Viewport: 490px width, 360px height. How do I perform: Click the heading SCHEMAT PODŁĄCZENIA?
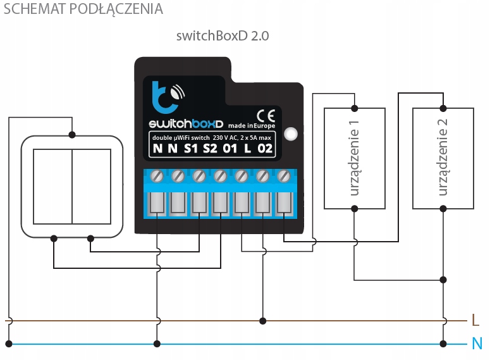[x=83, y=9]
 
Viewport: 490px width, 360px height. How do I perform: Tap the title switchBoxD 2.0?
[x=223, y=36]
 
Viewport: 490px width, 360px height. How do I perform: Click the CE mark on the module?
[x=266, y=115]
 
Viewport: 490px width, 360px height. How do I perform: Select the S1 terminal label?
[x=192, y=150]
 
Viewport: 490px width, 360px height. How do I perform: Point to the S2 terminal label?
[x=211, y=150]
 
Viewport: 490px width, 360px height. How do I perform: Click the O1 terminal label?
[x=231, y=150]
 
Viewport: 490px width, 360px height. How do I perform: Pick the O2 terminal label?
[x=266, y=150]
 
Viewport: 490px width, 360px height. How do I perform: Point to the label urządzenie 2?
[x=443, y=159]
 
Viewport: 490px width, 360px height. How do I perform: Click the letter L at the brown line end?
[x=475, y=321]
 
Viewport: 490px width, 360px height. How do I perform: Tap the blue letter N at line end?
[x=477, y=344]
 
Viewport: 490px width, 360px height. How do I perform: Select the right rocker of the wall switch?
[x=92, y=186]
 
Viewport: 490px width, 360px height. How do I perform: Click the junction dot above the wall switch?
[x=72, y=135]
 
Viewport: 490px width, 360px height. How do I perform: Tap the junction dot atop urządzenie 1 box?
[x=355, y=107]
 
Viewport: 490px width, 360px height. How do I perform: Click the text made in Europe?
[x=252, y=125]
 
